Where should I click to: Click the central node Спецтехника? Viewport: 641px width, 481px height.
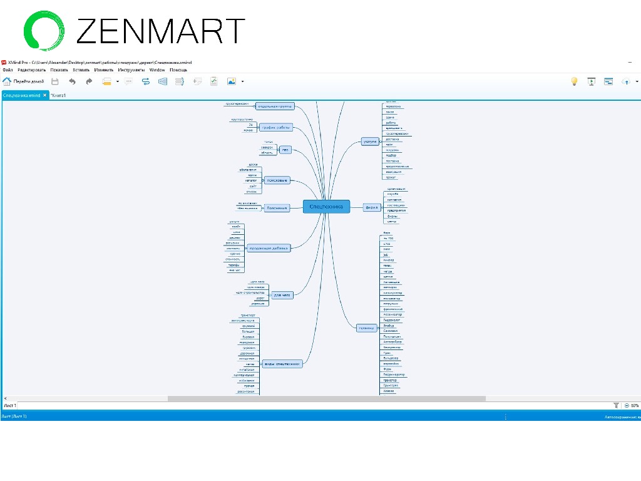click(x=326, y=207)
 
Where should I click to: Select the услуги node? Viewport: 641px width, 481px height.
click(x=370, y=142)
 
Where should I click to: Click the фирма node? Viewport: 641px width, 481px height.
click(x=372, y=207)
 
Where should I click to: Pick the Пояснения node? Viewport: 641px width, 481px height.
click(x=276, y=208)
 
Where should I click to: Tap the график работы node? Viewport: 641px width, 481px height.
click(x=276, y=127)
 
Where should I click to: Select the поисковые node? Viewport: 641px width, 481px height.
click(x=276, y=180)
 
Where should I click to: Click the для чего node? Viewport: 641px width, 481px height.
click(x=282, y=294)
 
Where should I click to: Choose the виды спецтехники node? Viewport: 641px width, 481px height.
click(x=282, y=364)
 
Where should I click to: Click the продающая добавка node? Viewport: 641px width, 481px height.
click(x=269, y=248)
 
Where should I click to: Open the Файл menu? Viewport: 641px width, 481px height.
click(x=8, y=70)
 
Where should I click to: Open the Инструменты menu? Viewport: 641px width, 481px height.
click(x=131, y=70)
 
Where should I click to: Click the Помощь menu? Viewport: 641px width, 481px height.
click(x=178, y=70)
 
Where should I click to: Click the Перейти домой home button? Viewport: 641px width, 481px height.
click(x=24, y=81)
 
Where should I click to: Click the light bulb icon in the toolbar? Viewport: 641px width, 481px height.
click(x=574, y=81)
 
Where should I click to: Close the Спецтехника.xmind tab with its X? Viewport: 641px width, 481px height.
click(x=45, y=95)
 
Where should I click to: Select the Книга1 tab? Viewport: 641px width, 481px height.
click(x=59, y=95)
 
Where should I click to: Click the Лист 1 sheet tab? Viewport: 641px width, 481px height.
click(x=9, y=405)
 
